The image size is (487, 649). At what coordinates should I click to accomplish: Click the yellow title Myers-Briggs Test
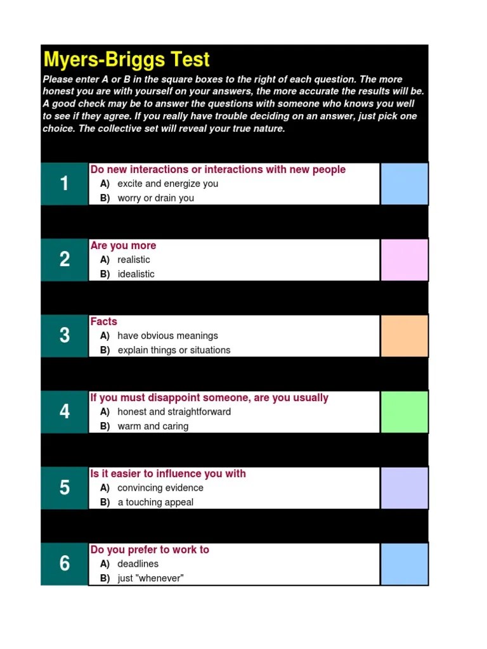coord(127,60)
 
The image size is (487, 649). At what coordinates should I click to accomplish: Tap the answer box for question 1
coord(404,184)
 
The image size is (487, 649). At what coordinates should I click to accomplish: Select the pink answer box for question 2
coord(404,260)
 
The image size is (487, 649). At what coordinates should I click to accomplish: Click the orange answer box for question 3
coord(404,336)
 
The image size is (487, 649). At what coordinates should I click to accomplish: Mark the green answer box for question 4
coord(404,412)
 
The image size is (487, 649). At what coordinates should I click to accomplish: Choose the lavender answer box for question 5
coord(404,488)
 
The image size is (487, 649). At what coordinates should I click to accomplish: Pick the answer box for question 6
coord(404,564)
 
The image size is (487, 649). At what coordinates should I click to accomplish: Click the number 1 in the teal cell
coord(64,184)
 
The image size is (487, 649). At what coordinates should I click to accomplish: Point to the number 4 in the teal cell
coord(64,412)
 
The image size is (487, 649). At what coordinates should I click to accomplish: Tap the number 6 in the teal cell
coord(64,564)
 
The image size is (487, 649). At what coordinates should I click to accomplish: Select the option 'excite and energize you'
coord(167,184)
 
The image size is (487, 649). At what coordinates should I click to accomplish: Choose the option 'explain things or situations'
coord(174,350)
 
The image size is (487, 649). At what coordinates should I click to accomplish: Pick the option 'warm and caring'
coord(153,427)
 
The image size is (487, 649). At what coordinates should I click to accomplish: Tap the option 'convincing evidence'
coord(160,488)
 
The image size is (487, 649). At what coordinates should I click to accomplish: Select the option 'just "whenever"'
coord(150,579)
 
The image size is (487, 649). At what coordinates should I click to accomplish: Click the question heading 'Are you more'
coord(123,246)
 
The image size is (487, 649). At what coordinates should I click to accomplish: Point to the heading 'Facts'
coord(103,322)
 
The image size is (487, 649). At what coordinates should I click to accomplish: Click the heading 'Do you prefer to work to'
coord(150,550)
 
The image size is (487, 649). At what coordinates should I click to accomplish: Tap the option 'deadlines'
coord(138,564)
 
